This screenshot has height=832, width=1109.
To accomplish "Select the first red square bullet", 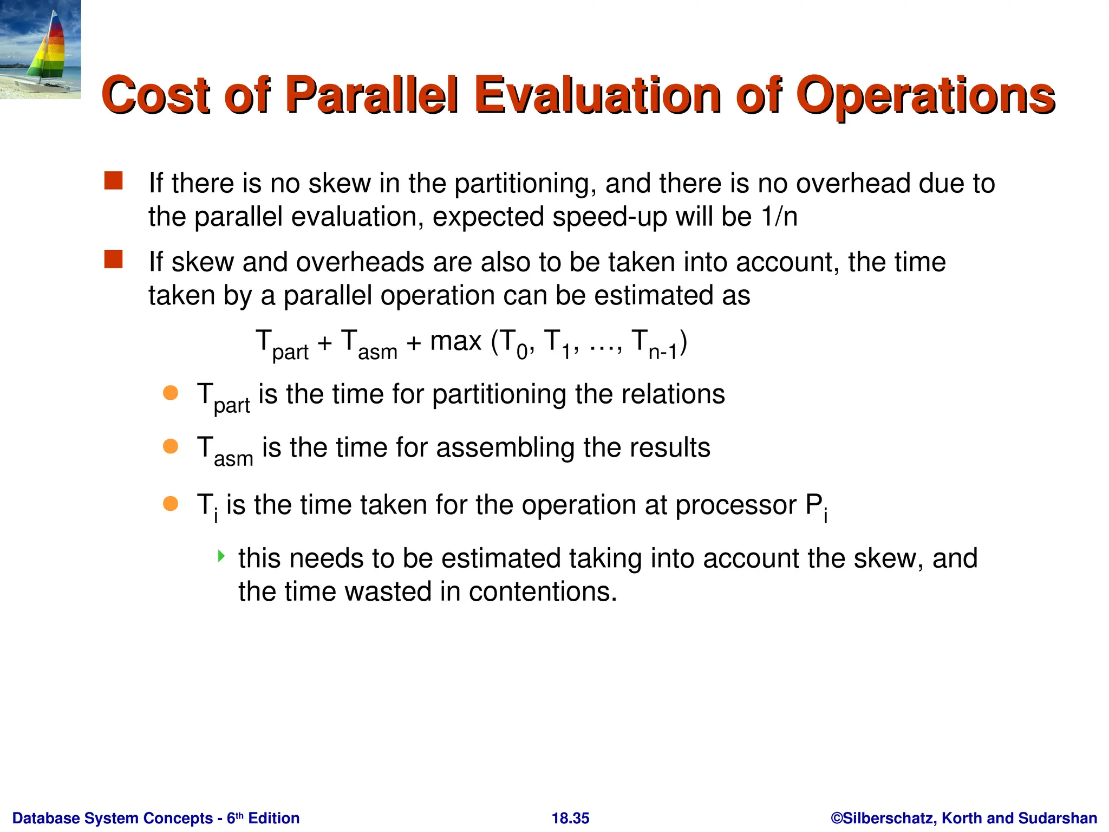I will [x=114, y=181].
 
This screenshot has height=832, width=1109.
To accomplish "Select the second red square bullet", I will [x=114, y=259].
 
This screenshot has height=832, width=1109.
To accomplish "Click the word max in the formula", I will [x=455, y=341].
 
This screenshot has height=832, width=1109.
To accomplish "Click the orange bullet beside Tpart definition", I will [x=171, y=393].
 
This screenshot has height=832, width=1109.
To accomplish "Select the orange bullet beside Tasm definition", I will [x=171, y=446].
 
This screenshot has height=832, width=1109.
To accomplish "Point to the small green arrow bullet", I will [x=221, y=556].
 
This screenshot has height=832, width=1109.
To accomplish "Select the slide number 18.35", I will [x=570, y=818].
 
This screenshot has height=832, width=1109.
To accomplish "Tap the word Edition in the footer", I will [x=273, y=818].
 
